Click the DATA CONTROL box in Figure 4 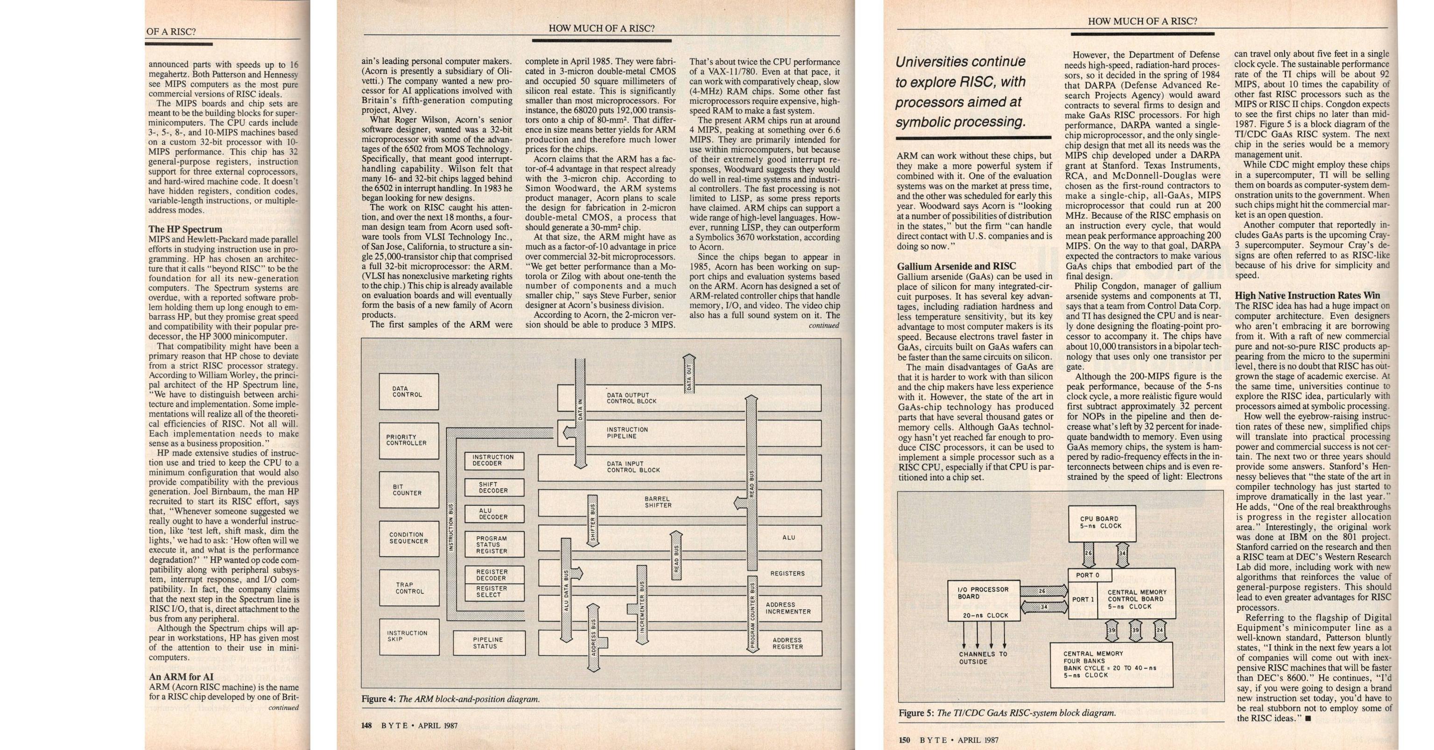tap(408, 392)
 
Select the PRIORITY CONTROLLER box tap(408, 441)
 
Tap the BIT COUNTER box tap(408, 490)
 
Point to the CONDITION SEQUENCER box tap(408, 538)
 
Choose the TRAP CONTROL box tap(408, 588)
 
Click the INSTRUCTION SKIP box tap(408, 637)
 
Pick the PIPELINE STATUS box tap(489, 643)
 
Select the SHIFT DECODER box tap(494, 487)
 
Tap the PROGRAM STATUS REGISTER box tap(494, 545)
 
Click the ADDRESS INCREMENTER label tap(787, 608)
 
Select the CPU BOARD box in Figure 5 tap(1094, 523)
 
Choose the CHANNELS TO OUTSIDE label tap(983, 658)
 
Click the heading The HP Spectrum tap(185, 229)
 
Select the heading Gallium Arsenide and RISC tap(956, 266)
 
